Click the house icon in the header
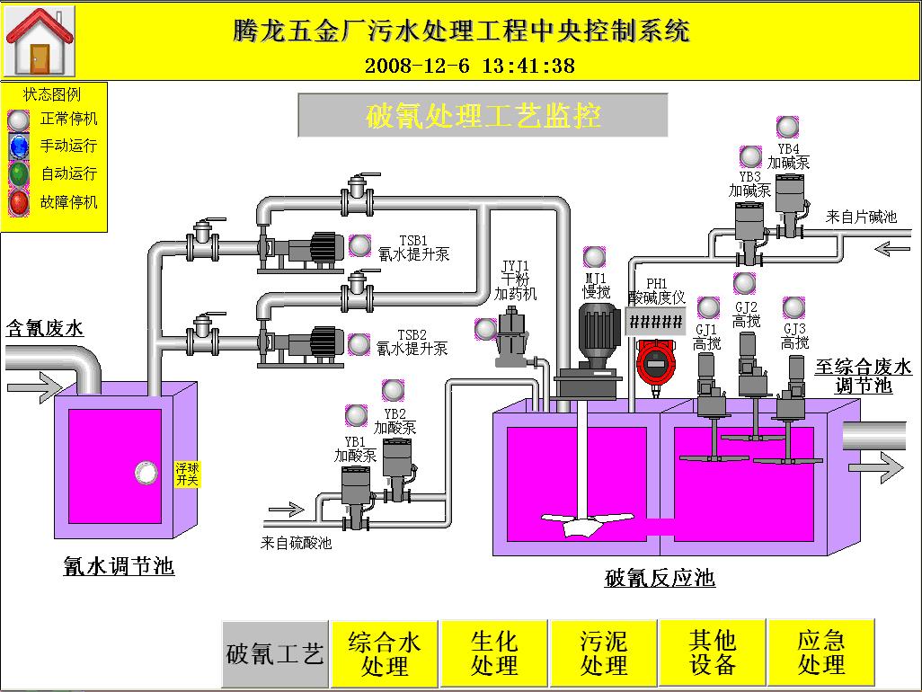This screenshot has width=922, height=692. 40,42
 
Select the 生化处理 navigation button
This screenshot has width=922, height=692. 494,653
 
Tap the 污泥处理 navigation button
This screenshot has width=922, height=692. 604,653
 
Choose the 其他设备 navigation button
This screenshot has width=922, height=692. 713,653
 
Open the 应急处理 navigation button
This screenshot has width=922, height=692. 821,653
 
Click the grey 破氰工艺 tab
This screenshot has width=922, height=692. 275,653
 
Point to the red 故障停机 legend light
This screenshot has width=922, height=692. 19,202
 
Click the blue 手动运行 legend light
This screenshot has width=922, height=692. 19,146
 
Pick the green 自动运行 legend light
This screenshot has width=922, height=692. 19,174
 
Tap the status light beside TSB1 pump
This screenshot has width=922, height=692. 359,244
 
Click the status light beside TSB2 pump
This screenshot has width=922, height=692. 359,343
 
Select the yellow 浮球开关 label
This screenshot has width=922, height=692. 187,475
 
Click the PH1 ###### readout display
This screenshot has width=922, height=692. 656,322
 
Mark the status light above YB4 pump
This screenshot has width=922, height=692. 787,127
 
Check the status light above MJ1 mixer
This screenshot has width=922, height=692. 594,257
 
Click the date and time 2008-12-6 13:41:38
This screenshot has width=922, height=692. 470,66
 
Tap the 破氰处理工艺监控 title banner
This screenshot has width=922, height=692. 483,116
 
